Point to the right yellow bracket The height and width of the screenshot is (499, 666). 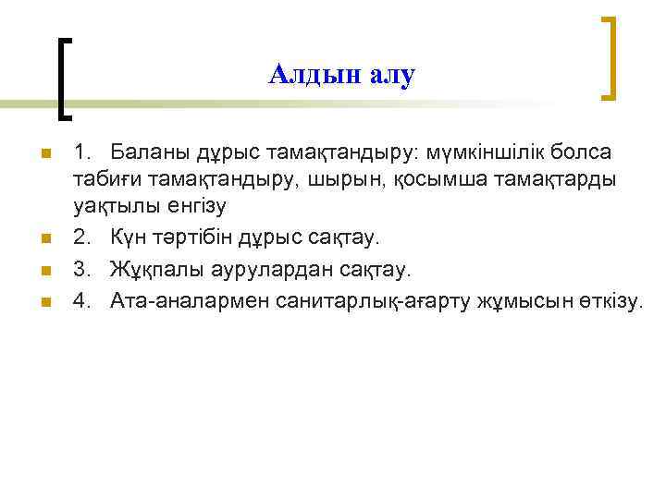tap(608, 57)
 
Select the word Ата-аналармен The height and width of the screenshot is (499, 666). tap(190, 301)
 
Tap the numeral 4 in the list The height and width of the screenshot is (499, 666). tap(80, 301)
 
